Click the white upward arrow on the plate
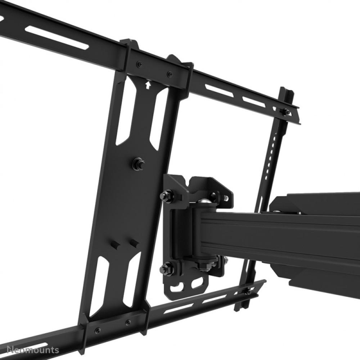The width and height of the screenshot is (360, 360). pos(147,85)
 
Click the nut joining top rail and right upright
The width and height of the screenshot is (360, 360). pos(286,112)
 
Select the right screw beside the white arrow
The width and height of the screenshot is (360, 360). pos(169,75)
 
